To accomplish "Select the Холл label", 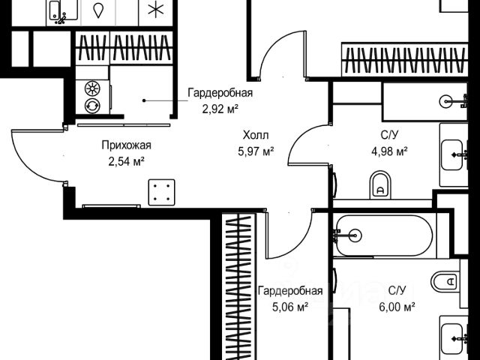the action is [x=255, y=136].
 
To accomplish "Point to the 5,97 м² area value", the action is [x=255, y=151].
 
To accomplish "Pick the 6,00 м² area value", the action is [x=397, y=305].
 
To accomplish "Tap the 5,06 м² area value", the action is [x=290, y=306].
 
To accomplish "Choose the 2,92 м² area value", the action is [x=220, y=107].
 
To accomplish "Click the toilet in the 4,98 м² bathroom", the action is [x=381, y=183].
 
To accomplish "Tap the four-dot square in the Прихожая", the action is [x=160, y=191].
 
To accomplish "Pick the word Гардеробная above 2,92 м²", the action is [x=220, y=93].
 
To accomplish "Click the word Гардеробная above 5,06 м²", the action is [x=290, y=291].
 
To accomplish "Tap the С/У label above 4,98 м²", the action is [x=388, y=136].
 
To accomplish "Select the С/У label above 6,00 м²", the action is [x=397, y=290].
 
